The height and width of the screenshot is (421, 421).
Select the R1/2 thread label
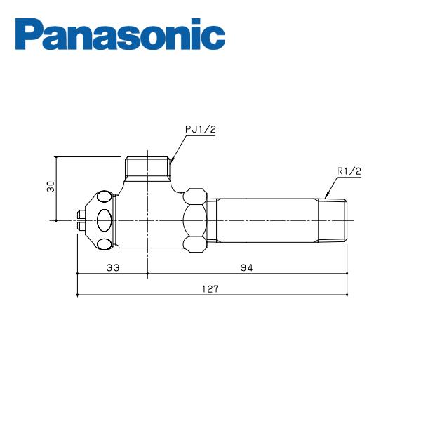coord(349,171)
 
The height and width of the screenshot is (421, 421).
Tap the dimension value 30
coord(50,187)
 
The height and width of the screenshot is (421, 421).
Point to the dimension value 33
coord(112,267)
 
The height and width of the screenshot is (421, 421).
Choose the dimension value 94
coord(246,267)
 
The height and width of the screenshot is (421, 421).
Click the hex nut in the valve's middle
coord(195,220)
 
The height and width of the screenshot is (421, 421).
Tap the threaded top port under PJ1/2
coord(147,167)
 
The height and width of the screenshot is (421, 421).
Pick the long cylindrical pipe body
coord(267,220)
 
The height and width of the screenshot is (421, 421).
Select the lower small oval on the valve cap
coord(105,243)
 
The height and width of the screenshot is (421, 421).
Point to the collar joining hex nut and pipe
coord(213,220)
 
